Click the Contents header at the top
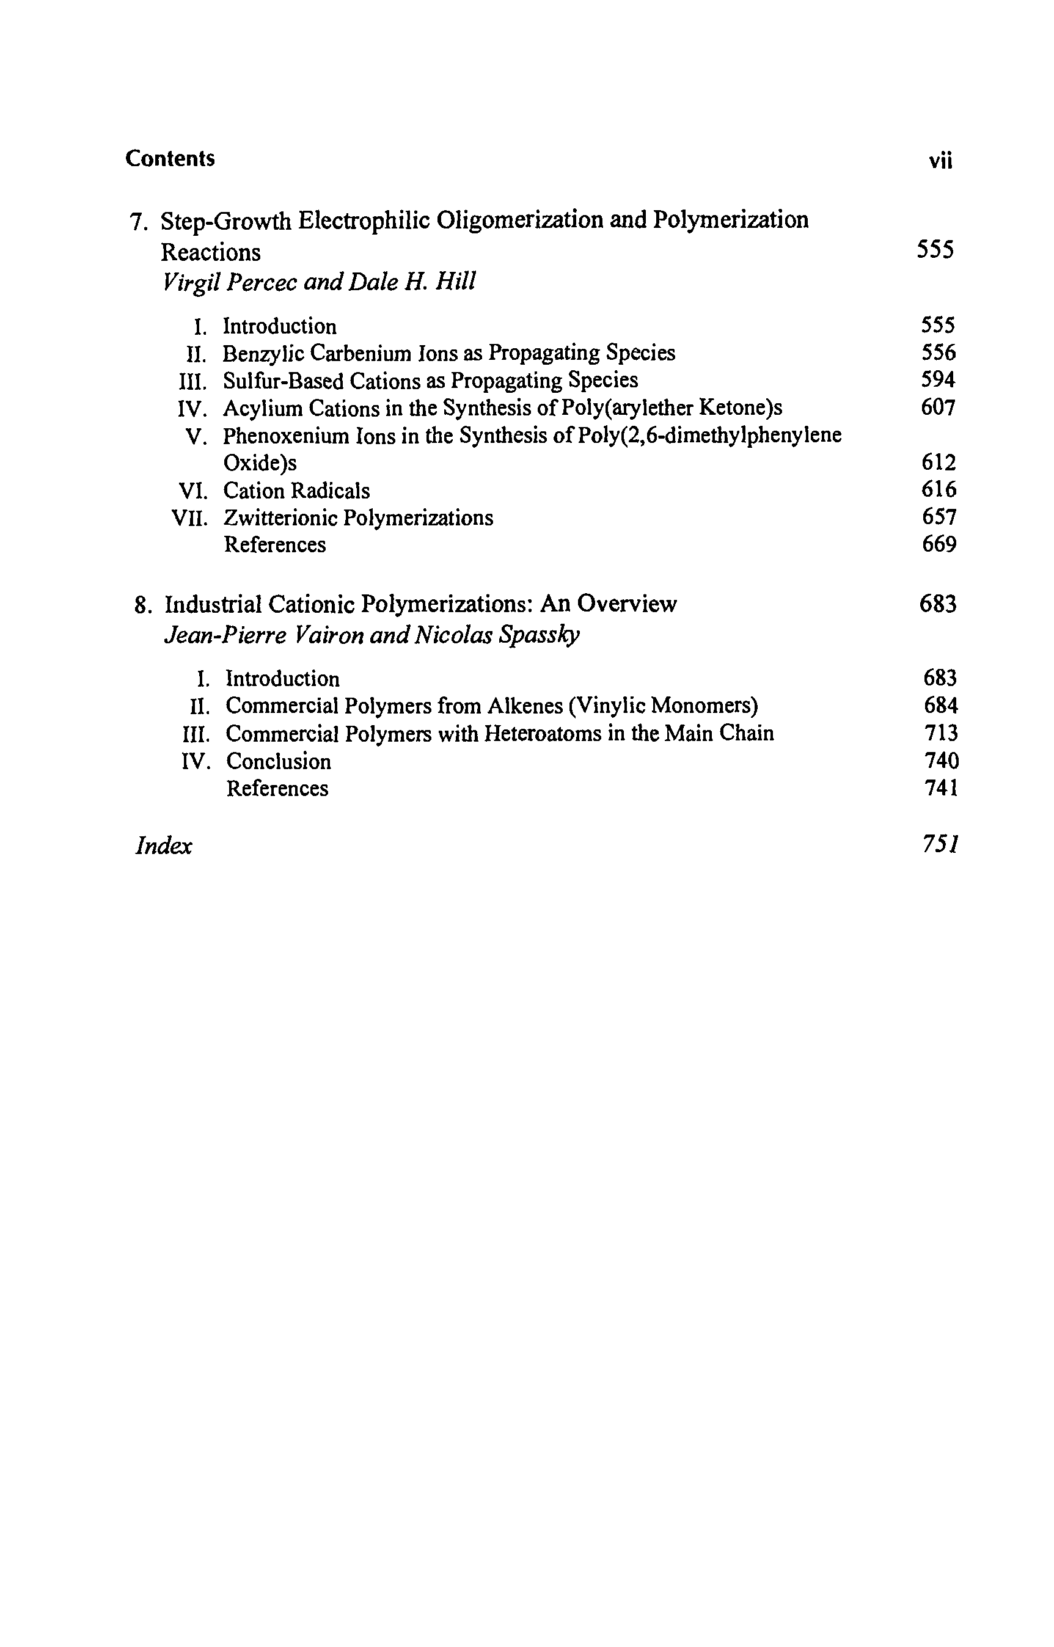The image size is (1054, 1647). (170, 159)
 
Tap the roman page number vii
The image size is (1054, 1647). (940, 161)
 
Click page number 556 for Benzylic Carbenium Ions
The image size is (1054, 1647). (938, 353)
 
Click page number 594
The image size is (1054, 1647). (938, 381)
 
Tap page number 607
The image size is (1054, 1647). (938, 408)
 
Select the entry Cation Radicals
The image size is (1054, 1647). (296, 491)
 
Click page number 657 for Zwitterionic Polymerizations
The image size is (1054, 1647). (939, 517)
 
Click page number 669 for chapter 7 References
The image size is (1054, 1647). (939, 545)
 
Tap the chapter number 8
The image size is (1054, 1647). (141, 605)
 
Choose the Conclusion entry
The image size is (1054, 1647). (279, 762)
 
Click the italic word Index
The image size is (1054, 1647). (164, 847)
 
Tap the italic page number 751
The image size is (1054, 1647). (940, 845)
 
